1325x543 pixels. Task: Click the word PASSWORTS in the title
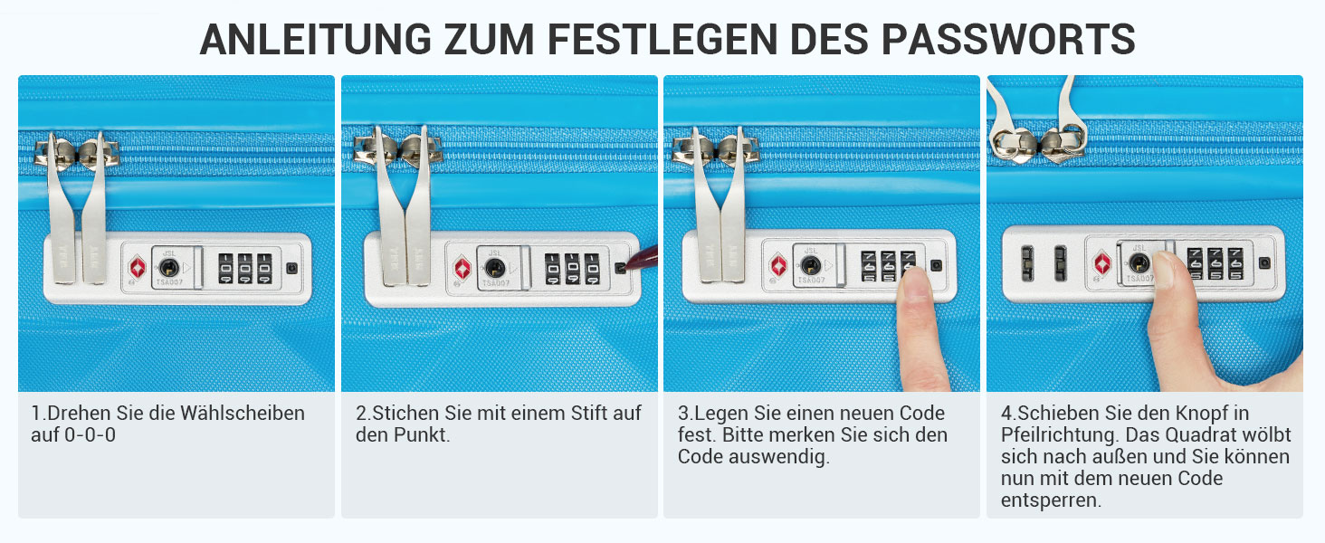click(x=1008, y=39)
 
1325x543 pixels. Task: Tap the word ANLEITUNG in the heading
click(x=316, y=39)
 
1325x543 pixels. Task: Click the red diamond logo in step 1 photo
click(x=138, y=267)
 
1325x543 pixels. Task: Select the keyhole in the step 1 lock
click(x=169, y=267)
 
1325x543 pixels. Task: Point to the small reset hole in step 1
click(x=291, y=268)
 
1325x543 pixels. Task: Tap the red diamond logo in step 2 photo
click(x=462, y=269)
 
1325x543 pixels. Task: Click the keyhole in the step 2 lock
click(x=494, y=268)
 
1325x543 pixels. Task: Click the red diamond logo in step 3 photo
click(x=778, y=265)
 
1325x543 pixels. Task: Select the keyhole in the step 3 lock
click(x=810, y=265)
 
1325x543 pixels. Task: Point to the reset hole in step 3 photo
click(x=936, y=265)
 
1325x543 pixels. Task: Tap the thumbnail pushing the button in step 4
click(x=1164, y=263)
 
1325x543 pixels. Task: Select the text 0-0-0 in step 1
click(x=90, y=434)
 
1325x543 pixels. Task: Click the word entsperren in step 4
click(x=1051, y=500)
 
